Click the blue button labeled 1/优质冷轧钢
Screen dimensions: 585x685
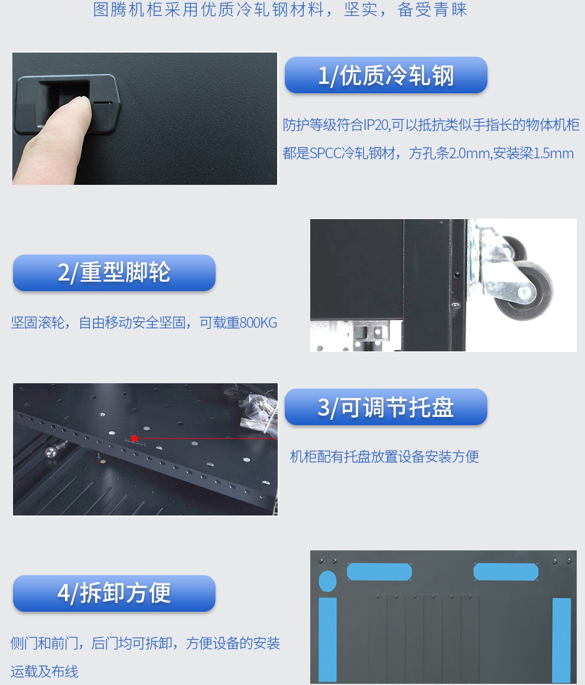386,75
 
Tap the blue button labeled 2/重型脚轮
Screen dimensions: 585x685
114,273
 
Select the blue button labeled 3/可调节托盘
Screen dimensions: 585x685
386,407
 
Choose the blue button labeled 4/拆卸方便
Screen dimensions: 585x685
114,593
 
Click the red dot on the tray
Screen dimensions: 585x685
134,438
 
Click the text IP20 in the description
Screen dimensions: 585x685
376,125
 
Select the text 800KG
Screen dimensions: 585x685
258,323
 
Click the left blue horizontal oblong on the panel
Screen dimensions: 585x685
379,572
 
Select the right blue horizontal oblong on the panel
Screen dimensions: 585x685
506,572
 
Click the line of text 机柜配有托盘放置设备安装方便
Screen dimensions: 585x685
384,457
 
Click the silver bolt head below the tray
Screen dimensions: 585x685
51,452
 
